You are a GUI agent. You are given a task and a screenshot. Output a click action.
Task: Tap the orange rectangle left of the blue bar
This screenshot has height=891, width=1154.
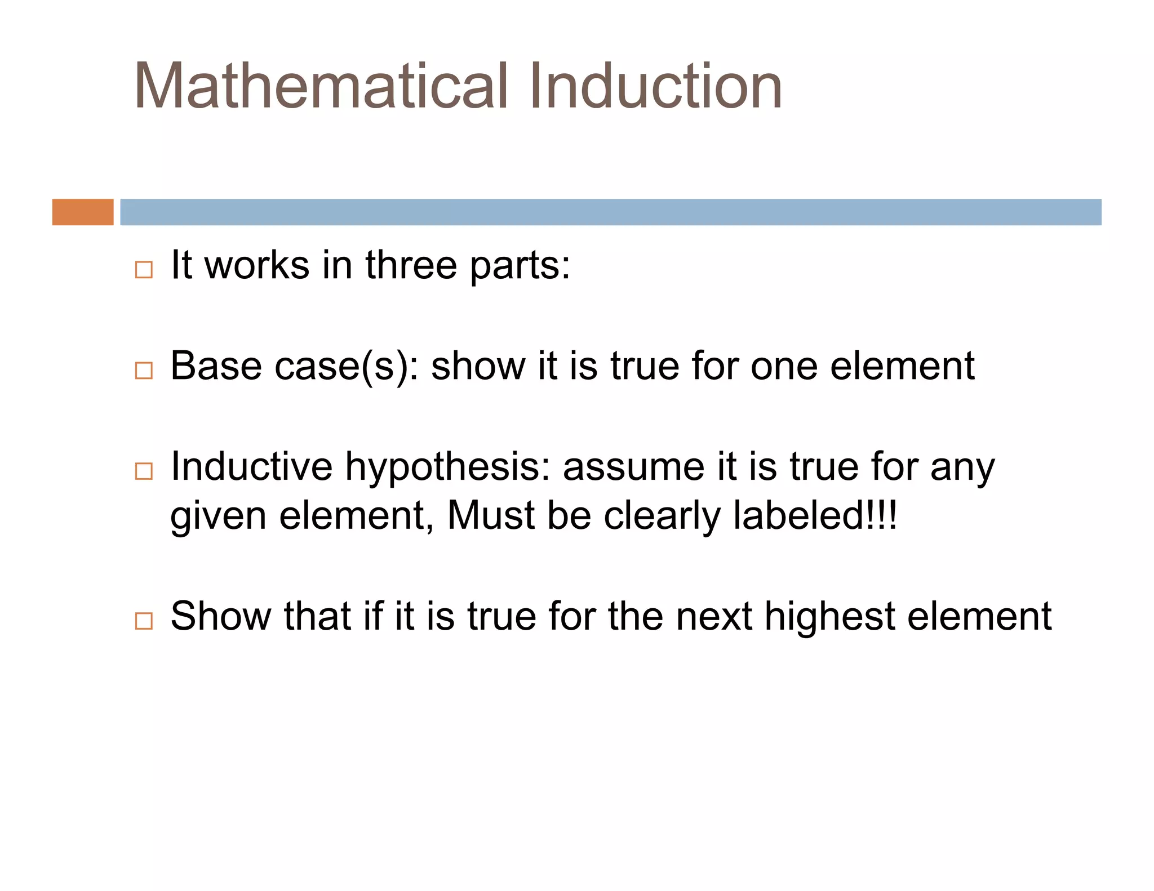click(x=83, y=212)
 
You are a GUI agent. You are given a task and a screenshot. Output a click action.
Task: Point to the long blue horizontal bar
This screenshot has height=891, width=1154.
click(x=610, y=212)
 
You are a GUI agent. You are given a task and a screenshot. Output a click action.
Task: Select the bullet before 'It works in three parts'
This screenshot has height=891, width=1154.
click(x=144, y=270)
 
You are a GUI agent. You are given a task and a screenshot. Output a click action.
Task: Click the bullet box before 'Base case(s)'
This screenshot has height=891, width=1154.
click(x=144, y=371)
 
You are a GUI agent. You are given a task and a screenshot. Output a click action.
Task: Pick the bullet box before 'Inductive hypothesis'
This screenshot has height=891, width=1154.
click(x=144, y=471)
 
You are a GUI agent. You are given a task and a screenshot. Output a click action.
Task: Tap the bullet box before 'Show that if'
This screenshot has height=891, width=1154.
click(x=144, y=621)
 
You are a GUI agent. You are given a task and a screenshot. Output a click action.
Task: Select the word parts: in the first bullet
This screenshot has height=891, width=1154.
click(x=520, y=266)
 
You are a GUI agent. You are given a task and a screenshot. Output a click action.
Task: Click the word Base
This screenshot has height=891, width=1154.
click(x=216, y=366)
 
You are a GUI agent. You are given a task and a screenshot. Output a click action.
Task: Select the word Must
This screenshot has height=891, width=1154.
click(x=490, y=515)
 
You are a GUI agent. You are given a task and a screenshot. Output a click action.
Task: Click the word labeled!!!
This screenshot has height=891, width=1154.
click(x=815, y=515)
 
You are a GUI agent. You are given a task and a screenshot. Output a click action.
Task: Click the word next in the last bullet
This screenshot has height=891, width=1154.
click(x=713, y=616)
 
